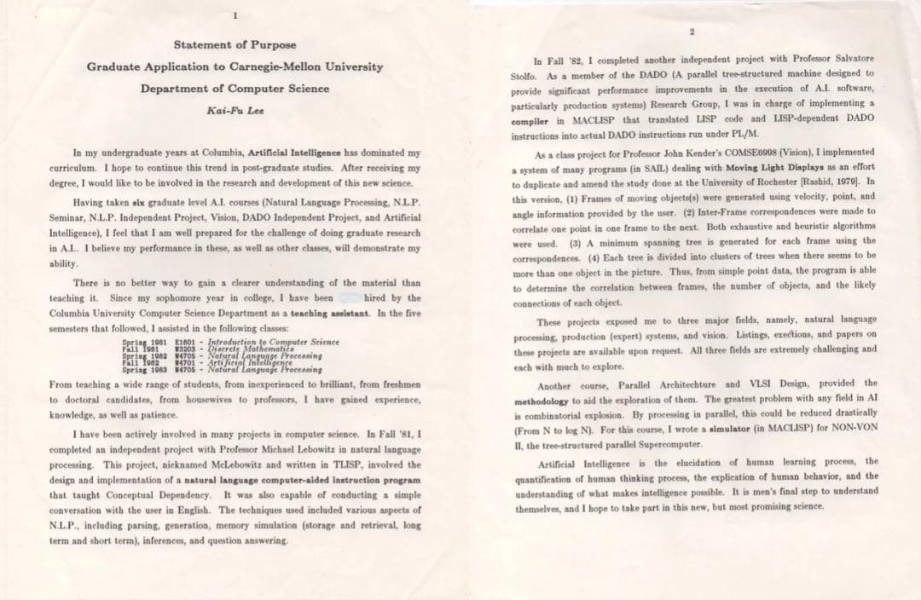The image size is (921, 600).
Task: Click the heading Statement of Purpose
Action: click(235, 44)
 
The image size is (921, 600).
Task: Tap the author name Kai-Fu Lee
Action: click(235, 110)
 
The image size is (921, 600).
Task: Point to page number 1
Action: click(235, 14)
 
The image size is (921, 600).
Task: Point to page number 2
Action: click(693, 32)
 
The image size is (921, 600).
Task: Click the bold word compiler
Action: click(536, 118)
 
